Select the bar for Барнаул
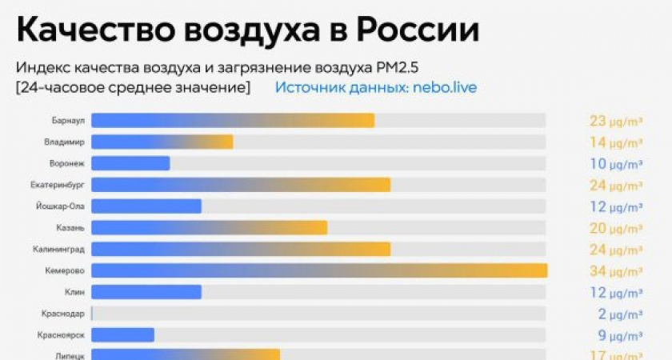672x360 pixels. tap(232, 120)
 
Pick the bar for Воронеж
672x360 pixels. tap(130, 163)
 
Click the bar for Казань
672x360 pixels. tap(209, 227)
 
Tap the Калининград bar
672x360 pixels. tap(240, 249)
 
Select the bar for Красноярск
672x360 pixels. tap(122, 334)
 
